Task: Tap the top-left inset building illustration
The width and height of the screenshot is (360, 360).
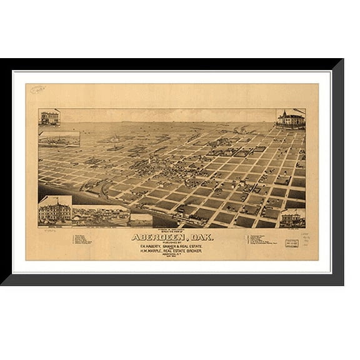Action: pyautogui.click(x=49, y=117)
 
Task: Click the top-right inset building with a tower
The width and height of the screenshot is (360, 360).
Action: pyautogui.click(x=290, y=119)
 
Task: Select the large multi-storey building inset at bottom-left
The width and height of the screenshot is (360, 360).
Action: pyautogui.click(x=54, y=211)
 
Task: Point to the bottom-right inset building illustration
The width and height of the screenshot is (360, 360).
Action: pyautogui.click(x=292, y=219)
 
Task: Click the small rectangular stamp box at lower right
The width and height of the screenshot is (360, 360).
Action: pyautogui.click(x=292, y=243)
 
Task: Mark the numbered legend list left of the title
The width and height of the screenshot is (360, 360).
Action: pyautogui.click(x=82, y=240)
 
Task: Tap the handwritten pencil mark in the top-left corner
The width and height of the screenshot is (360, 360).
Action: pyautogui.click(x=37, y=90)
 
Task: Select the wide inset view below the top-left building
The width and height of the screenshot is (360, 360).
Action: pyautogui.click(x=59, y=139)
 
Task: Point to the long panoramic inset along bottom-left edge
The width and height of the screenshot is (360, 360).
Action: pyautogui.click(x=100, y=216)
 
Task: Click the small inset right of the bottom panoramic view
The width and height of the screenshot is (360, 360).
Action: pyautogui.click(x=141, y=219)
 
